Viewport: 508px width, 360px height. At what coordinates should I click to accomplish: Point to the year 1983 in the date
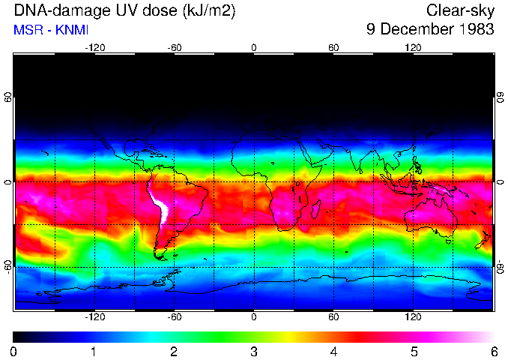[x=476, y=30]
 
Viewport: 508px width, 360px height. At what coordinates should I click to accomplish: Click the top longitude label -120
[x=94, y=47]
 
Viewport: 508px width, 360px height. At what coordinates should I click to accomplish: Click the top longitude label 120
[x=413, y=47]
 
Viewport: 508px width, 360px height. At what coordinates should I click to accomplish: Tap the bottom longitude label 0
[x=254, y=316]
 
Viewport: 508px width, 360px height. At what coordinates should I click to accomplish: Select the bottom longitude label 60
[x=333, y=316]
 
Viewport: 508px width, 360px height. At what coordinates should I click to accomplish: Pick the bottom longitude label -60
[x=174, y=316]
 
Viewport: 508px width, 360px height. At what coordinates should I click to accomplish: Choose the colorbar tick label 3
[x=254, y=351]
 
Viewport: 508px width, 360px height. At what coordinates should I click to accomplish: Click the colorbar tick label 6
[x=493, y=351]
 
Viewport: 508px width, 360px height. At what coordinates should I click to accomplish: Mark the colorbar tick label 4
[x=333, y=351]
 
